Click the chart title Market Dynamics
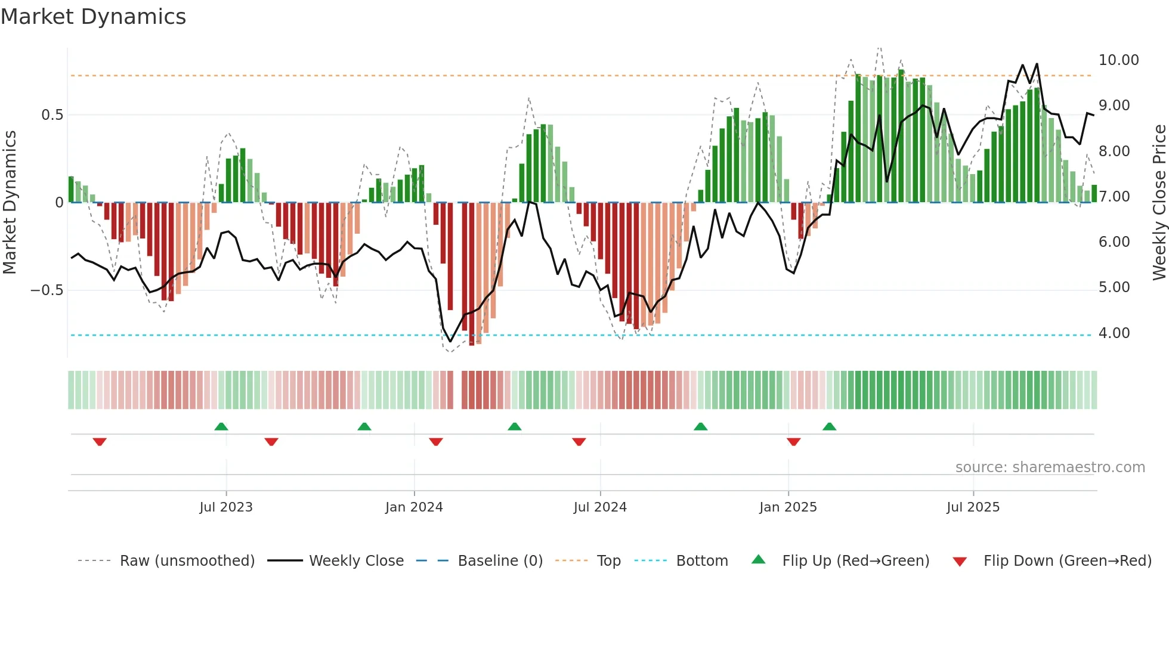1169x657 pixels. [x=93, y=17]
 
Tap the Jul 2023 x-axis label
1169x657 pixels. [x=226, y=507]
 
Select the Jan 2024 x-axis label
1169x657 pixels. [x=414, y=507]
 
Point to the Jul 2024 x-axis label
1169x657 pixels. [x=600, y=507]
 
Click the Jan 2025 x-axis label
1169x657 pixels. [x=788, y=507]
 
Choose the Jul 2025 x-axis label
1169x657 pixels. [x=973, y=507]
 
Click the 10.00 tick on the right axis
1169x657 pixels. [x=1118, y=60]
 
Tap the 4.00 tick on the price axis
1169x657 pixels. [x=1114, y=333]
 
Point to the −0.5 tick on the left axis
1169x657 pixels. [x=47, y=290]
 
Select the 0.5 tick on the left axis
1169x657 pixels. [x=52, y=115]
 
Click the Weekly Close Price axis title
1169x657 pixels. [x=1159, y=203]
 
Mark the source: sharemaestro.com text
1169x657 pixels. [x=1050, y=467]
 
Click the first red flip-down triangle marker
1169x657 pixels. [x=100, y=442]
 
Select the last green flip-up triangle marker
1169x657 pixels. [x=829, y=426]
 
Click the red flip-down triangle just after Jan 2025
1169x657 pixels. [x=793, y=442]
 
